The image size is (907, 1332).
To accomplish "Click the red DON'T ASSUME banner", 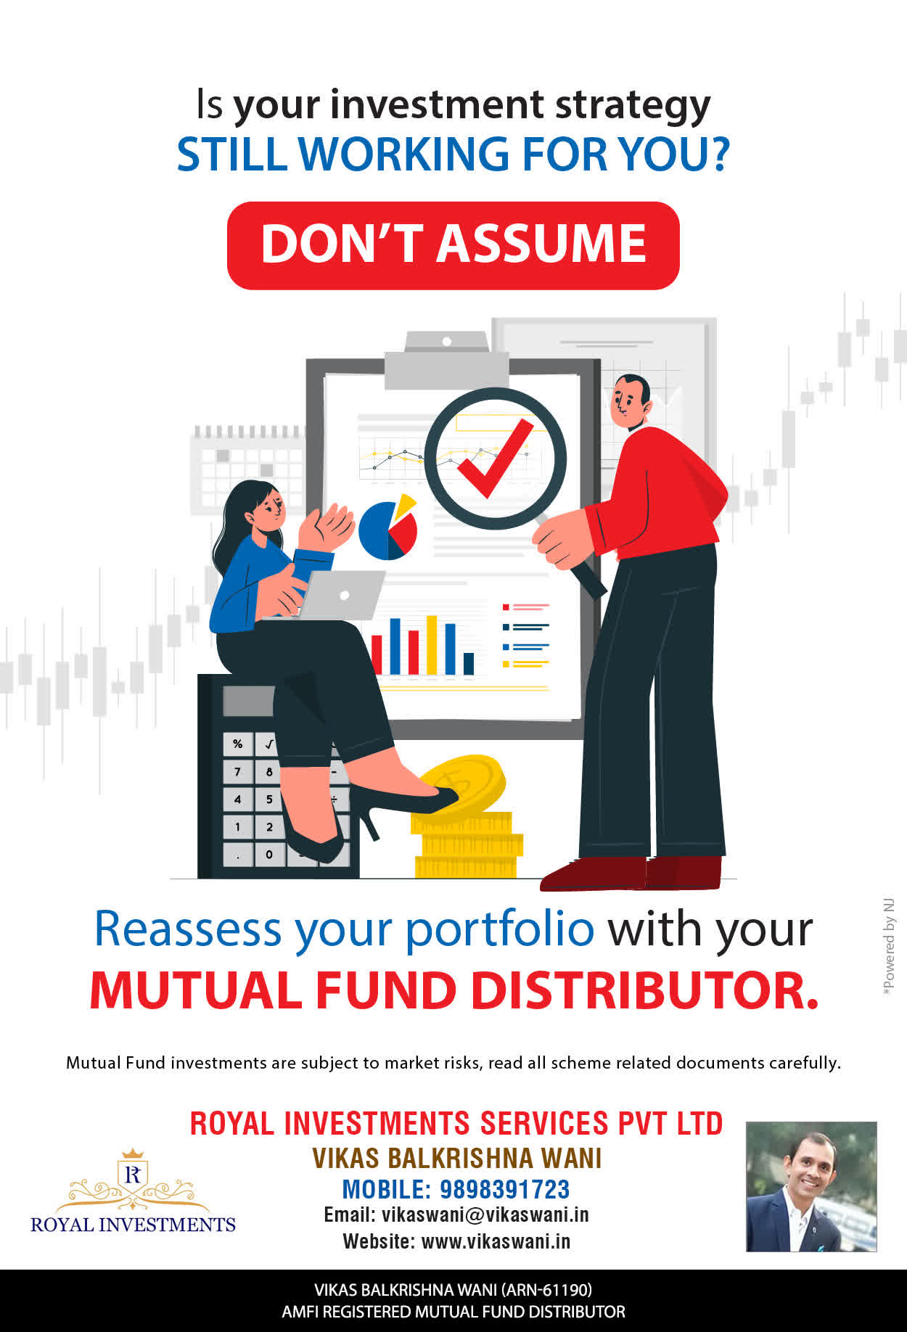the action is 453,245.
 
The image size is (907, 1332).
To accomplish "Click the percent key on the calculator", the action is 237,744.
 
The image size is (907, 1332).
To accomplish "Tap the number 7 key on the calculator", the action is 237,771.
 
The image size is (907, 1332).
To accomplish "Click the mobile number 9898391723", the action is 505,1189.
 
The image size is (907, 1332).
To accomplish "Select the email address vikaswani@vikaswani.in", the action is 485,1215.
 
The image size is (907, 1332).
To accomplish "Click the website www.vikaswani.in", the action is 496,1241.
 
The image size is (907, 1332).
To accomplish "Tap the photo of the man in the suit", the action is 811,1187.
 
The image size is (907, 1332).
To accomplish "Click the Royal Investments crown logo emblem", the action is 133,1178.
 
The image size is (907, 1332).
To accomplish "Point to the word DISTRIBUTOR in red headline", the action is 645,990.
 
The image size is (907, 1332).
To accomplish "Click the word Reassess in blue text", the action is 188,929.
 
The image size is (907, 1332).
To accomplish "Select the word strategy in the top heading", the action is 633,106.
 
